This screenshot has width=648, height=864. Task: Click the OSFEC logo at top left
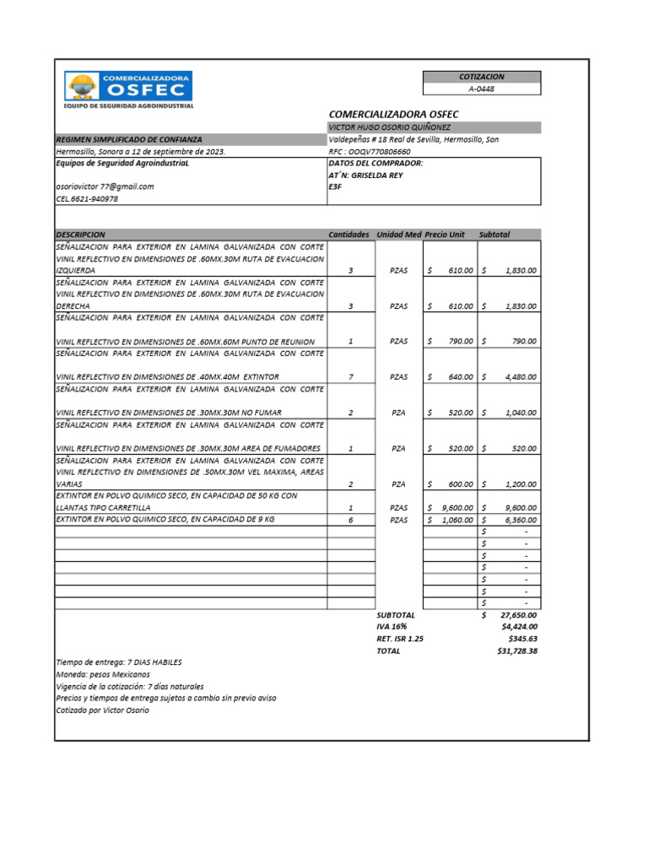click(129, 87)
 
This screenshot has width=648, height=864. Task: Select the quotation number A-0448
click(482, 89)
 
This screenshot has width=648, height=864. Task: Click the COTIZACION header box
click(482, 77)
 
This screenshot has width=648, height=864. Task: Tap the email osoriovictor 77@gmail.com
click(105, 186)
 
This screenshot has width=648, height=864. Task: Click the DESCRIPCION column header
click(80, 234)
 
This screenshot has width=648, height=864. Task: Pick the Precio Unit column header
click(445, 234)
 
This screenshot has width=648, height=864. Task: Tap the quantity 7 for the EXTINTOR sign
click(350, 376)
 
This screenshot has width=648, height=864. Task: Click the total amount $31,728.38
click(517, 651)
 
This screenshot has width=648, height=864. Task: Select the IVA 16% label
click(391, 627)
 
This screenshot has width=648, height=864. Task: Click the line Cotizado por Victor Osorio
click(102, 710)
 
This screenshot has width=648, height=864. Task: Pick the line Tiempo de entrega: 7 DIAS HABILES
click(118, 662)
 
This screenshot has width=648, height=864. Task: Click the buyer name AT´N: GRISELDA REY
click(365, 175)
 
